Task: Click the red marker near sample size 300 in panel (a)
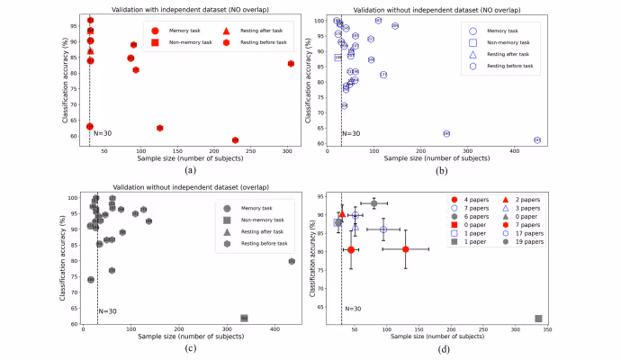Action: tap(291, 63)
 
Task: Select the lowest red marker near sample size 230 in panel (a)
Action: tap(235, 140)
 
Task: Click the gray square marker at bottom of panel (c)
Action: tap(244, 318)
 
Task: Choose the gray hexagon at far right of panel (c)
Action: tap(292, 261)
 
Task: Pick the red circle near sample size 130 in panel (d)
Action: tap(406, 249)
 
